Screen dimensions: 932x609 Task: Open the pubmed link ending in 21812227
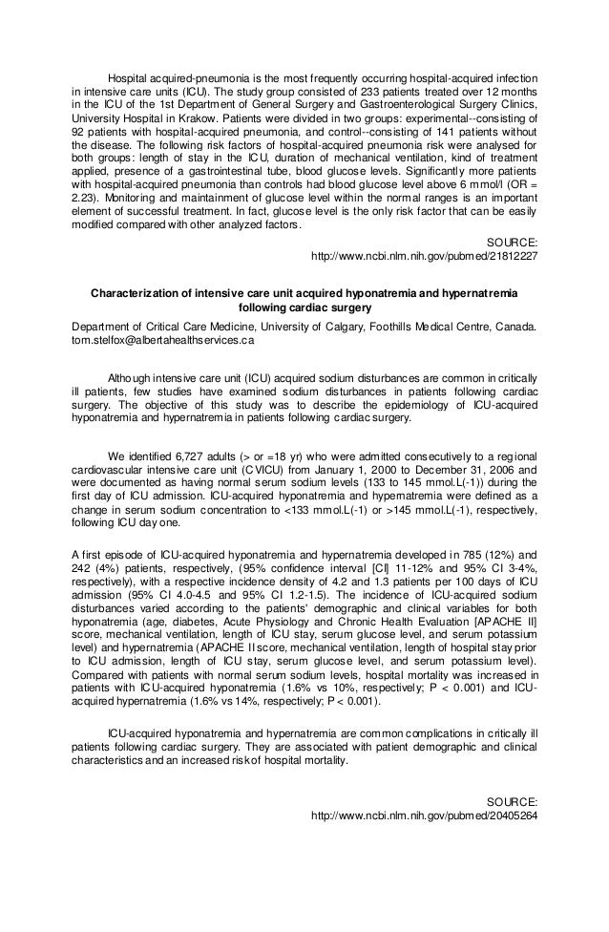[x=425, y=257]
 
